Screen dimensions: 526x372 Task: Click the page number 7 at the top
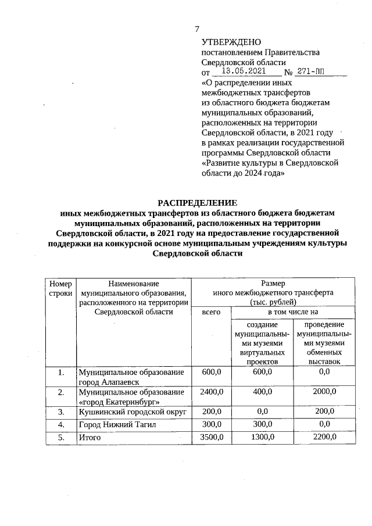(197, 29)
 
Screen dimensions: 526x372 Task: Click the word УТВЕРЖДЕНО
(231, 42)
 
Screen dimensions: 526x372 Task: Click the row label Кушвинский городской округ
(132, 412)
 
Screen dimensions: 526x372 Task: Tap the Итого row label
(90, 437)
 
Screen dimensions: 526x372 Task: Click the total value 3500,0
(212, 437)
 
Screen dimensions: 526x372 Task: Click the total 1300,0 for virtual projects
(263, 437)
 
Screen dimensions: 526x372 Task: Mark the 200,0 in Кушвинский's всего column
(212, 412)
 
